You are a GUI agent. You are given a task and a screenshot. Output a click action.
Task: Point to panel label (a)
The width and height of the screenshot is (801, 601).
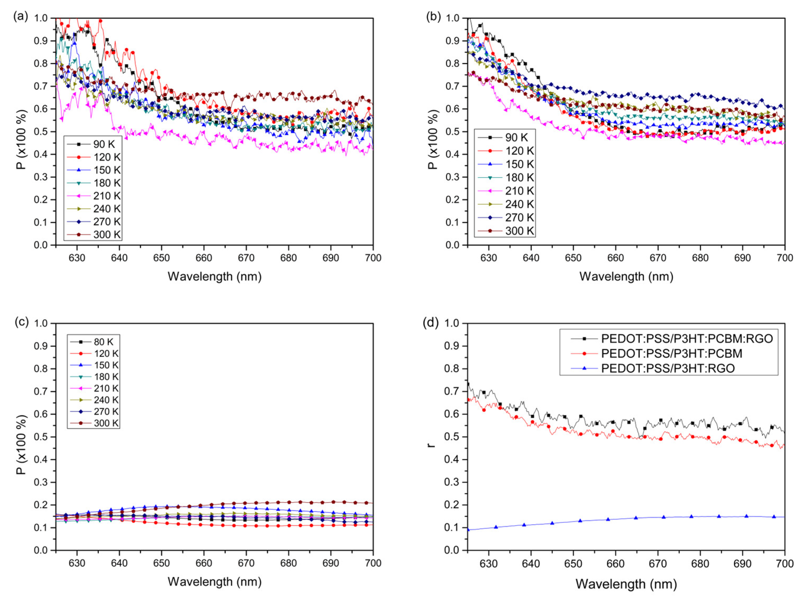[x=21, y=17]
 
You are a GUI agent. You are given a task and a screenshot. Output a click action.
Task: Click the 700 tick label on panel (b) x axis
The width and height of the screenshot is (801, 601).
[x=784, y=258]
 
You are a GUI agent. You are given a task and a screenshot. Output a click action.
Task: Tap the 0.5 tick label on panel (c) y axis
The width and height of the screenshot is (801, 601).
[x=41, y=437]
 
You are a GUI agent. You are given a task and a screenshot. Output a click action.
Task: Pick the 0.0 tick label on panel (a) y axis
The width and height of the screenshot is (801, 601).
[x=41, y=245]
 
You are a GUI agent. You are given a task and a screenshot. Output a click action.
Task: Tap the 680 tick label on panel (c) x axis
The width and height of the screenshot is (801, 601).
[x=289, y=563]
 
